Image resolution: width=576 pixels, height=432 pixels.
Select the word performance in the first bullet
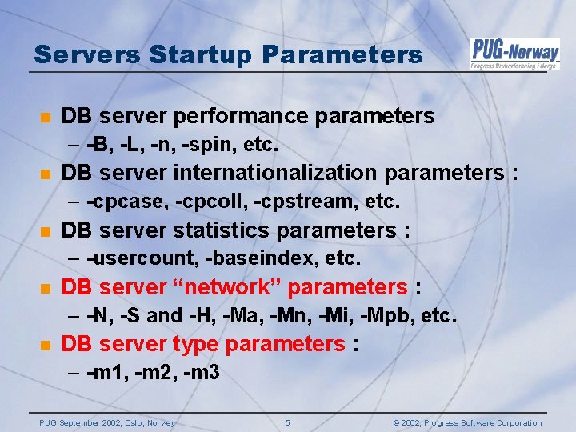[x=249, y=116]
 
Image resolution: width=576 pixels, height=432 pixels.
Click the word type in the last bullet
[x=193, y=345]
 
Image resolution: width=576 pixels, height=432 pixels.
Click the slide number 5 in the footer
[x=287, y=422]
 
